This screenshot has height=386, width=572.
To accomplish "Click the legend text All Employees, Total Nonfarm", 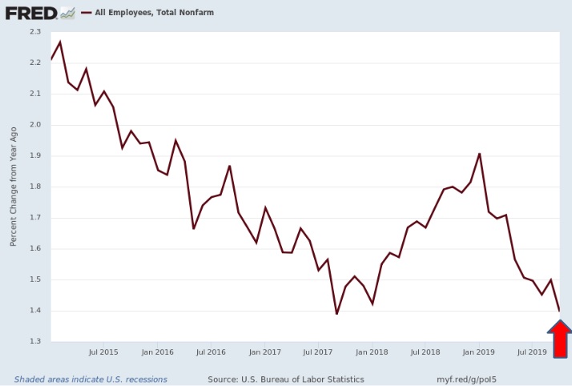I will coord(153,14).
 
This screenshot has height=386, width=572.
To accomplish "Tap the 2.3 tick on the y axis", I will coord(34,32).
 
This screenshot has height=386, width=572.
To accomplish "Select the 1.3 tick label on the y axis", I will coord(34,342).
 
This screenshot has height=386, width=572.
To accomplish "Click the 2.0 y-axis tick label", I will coord(34,125).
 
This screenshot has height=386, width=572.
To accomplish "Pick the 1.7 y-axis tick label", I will coord(34,218).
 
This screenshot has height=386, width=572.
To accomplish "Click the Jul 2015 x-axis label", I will coord(103,352).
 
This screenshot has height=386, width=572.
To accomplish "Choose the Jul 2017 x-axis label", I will coord(318,352).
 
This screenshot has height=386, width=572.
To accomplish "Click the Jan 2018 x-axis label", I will coord(372,352).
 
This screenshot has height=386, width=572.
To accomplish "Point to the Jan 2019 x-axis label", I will coord(479,352).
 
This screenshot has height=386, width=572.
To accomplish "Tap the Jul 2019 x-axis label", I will coord(532,352).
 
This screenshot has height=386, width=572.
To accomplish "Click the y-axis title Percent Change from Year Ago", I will coord(14,187).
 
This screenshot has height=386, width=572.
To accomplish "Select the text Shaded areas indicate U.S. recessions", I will coord(91,379).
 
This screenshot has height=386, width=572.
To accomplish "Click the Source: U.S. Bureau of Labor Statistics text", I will coord(285,379).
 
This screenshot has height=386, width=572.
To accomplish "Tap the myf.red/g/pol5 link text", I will coord(459,379).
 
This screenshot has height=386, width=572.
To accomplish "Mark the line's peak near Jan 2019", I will coord(479,154).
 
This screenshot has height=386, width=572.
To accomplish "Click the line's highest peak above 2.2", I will coord(60,42).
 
